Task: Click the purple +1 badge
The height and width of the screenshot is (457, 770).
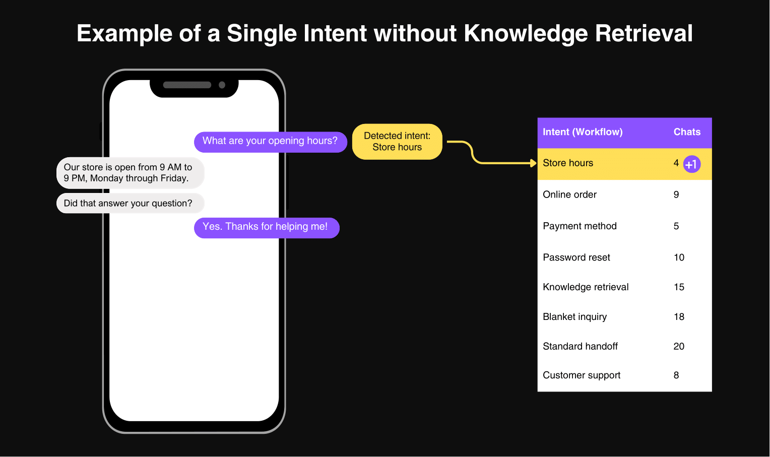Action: (691, 164)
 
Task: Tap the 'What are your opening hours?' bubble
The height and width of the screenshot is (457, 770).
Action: (271, 142)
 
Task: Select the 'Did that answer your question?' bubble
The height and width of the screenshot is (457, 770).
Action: (131, 203)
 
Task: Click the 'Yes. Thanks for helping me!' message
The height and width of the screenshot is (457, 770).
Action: (267, 228)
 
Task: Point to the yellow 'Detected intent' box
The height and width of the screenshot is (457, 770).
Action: (397, 142)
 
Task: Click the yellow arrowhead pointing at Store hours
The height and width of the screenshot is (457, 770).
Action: (534, 163)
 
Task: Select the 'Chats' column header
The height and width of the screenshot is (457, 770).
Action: (687, 132)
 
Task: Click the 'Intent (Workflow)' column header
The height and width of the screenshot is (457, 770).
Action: (583, 132)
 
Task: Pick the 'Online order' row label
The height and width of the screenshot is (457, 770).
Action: (569, 194)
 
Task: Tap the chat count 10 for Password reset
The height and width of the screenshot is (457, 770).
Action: (679, 257)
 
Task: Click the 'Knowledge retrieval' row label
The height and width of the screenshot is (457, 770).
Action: (586, 287)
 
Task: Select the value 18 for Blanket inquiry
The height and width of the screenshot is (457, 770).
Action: (679, 316)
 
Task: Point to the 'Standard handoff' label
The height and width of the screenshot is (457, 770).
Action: (580, 346)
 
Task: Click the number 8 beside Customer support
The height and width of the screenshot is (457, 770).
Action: (676, 375)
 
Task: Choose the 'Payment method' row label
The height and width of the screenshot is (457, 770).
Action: (580, 226)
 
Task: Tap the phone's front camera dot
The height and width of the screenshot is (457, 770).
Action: (222, 85)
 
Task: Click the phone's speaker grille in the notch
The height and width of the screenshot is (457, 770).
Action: (187, 85)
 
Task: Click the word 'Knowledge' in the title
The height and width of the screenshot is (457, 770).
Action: (526, 34)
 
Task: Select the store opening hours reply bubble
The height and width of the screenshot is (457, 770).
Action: (131, 173)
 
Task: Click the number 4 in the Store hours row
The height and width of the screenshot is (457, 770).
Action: (676, 163)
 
